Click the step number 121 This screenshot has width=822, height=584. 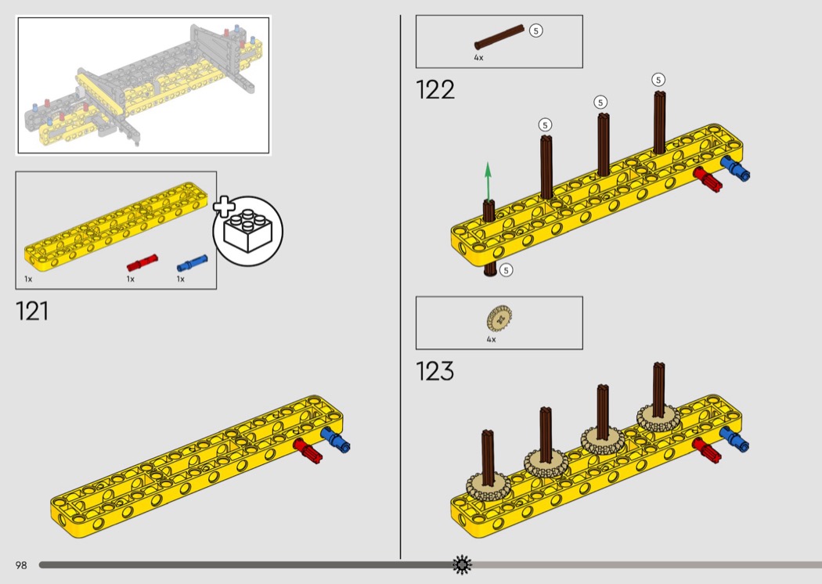(x=32, y=311)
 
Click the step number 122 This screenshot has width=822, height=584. (x=434, y=90)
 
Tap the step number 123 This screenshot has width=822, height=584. (x=434, y=371)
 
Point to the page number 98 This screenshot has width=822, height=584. (x=21, y=565)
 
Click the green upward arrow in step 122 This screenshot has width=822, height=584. (x=488, y=182)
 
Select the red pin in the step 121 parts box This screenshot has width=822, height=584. (x=142, y=262)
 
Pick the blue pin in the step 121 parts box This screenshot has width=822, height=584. (x=192, y=262)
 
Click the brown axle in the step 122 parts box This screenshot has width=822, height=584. (x=499, y=37)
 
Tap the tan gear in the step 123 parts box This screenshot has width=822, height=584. (x=499, y=318)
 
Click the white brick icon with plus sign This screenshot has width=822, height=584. (x=248, y=231)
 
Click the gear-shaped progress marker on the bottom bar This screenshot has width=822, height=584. (x=462, y=564)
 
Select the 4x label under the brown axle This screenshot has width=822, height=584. (x=478, y=58)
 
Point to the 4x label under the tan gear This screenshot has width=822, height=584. (x=491, y=339)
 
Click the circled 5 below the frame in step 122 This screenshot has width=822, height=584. (x=506, y=270)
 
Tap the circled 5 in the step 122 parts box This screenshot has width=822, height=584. (x=535, y=31)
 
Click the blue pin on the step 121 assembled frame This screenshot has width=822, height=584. (x=336, y=439)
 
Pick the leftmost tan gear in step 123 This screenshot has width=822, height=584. (x=488, y=488)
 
